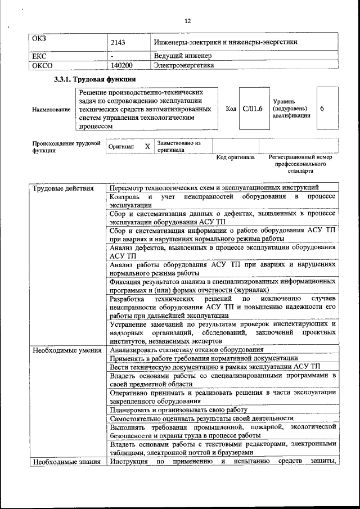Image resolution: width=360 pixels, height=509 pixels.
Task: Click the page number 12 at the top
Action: [188, 21]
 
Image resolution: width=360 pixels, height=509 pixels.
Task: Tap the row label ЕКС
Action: [41, 56]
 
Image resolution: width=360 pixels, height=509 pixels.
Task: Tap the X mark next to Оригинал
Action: [147, 146]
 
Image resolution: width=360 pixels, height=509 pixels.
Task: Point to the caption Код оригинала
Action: [236, 157]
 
